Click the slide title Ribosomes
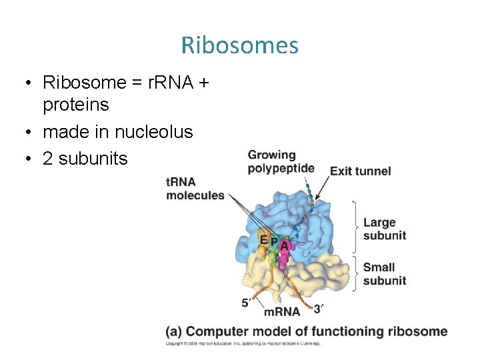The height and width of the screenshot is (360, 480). (x=239, y=45)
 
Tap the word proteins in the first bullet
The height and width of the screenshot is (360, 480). (x=76, y=105)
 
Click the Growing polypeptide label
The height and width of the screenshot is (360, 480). (x=280, y=161)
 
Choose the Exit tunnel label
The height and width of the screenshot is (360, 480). (x=361, y=171)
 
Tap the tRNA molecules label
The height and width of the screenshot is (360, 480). (x=195, y=189)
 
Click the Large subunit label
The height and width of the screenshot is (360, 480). (x=384, y=229)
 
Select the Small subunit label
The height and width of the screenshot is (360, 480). (x=384, y=274)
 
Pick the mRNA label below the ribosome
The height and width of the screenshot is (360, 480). (x=282, y=311)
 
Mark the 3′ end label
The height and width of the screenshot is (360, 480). (x=319, y=309)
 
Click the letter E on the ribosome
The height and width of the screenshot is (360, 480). (x=264, y=240)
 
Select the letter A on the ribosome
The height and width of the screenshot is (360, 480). (x=285, y=245)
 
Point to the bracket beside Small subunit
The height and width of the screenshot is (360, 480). (x=355, y=273)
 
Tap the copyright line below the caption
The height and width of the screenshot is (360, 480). (x=243, y=344)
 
